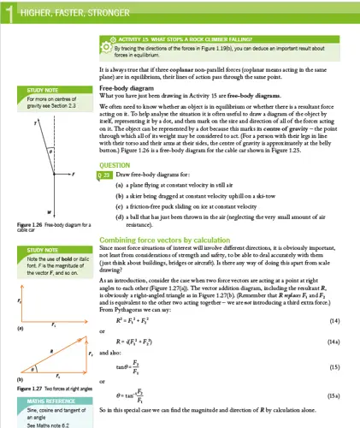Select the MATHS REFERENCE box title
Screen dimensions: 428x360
pyautogui.click(x=47, y=400)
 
